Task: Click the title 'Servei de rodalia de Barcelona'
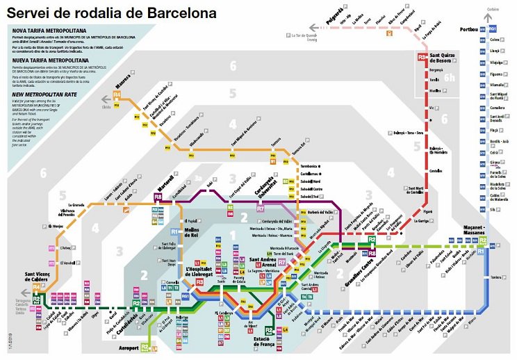point(114,13)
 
